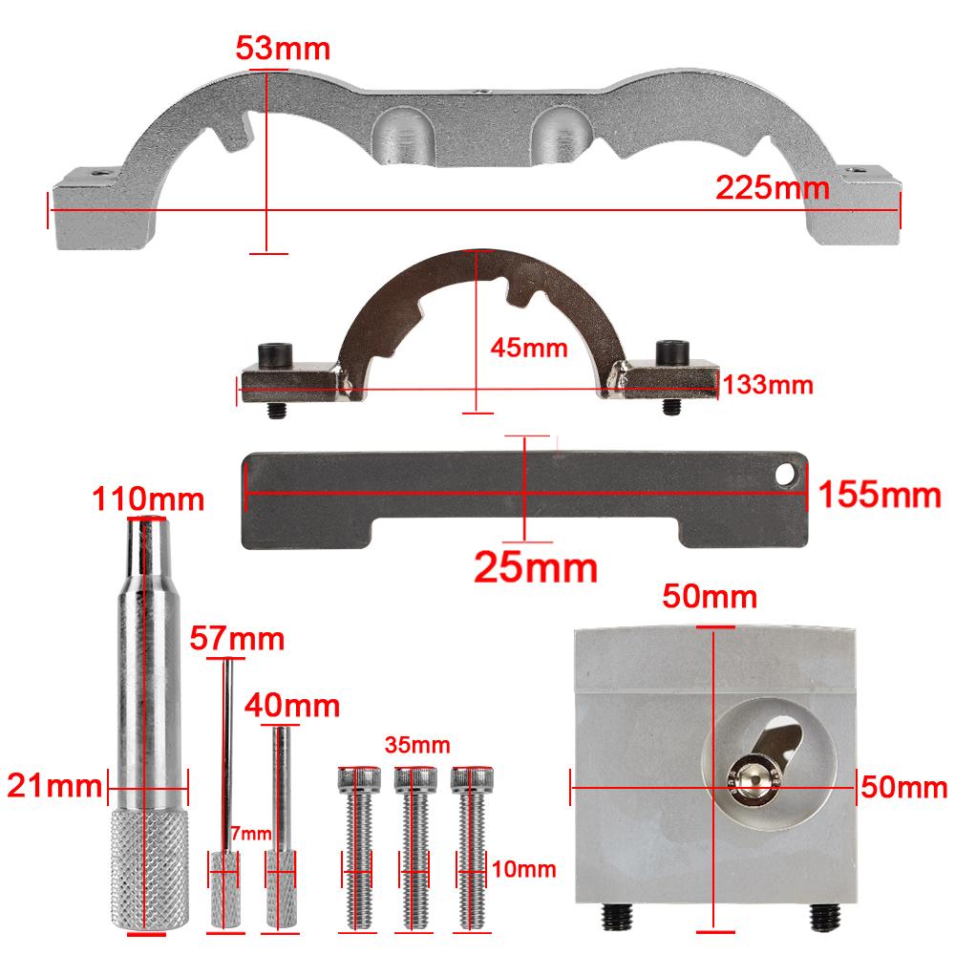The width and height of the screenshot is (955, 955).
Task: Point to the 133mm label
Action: (768, 385)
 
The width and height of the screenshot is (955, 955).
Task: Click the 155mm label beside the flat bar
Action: (881, 494)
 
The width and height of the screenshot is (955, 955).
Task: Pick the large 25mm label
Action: (536, 567)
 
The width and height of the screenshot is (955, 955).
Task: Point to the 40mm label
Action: (292, 706)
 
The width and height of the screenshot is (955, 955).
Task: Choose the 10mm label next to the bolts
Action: (524, 868)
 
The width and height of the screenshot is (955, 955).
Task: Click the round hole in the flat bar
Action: (785, 474)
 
